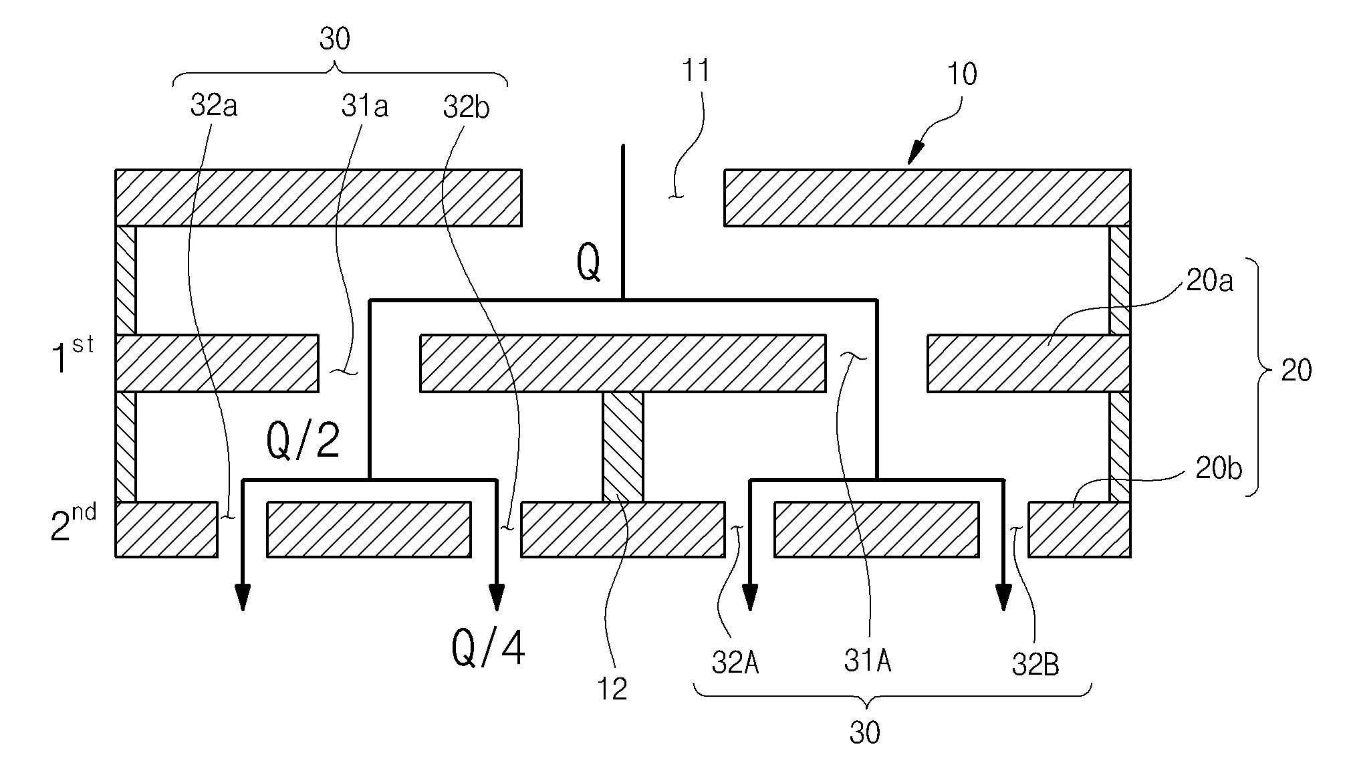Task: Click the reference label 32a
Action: tap(214, 106)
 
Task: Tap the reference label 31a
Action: tap(365, 106)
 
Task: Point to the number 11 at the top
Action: tap(696, 71)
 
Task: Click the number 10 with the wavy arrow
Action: tap(962, 74)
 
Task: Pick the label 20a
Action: tap(1211, 282)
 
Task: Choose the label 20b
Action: tap(1219, 469)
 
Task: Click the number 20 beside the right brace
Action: tap(1296, 370)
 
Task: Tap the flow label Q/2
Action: tap(303, 441)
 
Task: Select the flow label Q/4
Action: tap(489, 647)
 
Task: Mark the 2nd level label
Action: tap(74, 523)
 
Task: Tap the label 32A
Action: tap(735, 664)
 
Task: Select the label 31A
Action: tap(868, 662)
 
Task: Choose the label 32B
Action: tap(1035, 665)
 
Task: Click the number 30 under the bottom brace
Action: tap(865, 734)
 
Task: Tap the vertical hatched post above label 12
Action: tap(623, 446)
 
